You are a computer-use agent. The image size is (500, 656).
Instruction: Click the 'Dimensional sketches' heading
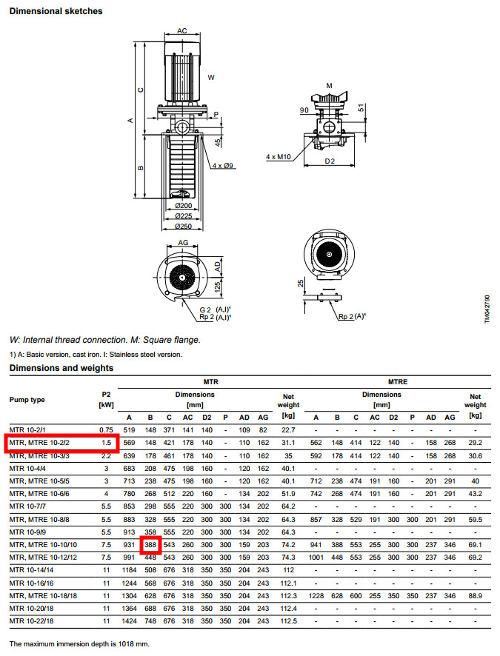(x=56, y=11)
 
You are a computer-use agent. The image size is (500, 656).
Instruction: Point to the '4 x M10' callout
(x=279, y=157)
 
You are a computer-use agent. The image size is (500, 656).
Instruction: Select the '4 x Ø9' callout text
(x=222, y=166)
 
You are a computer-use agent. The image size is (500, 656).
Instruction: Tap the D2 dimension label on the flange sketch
(x=330, y=161)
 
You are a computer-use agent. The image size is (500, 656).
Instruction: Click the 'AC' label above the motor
(x=181, y=31)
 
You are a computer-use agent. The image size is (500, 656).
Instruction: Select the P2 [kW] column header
(x=105, y=399)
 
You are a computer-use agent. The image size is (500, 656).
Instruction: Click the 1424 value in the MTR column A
(x=129, y=620)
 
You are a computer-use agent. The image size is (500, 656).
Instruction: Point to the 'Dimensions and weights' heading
(x=61, y=367)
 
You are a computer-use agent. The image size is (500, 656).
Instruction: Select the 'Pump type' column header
(x=27, y=400)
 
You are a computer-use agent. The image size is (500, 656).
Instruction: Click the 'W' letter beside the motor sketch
(x=211, y=76)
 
